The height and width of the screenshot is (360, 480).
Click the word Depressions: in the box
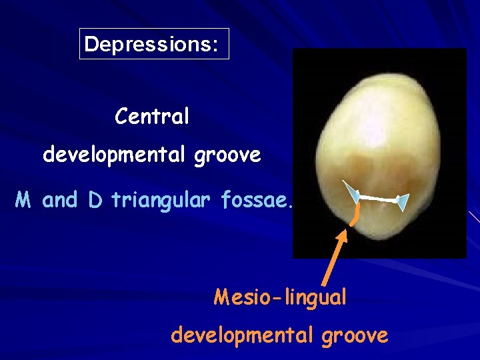coord(151,45)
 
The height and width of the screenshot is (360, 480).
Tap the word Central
coord(152,117)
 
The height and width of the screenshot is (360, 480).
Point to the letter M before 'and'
coord(24,199)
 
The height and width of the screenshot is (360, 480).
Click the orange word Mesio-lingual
coord(280,297)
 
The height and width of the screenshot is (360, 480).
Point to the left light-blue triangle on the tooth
coord(351,193)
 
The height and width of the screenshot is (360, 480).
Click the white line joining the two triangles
coord(377,197)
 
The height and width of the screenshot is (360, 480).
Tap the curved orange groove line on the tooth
coord(358,214)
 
